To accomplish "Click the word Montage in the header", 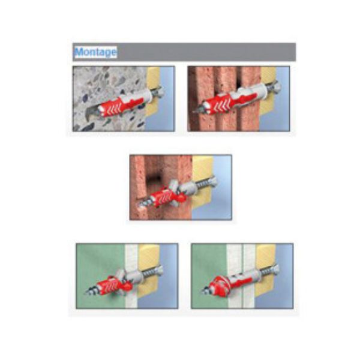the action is point(95,52).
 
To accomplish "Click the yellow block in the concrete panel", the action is point(153,92).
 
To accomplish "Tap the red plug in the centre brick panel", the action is point(166,197).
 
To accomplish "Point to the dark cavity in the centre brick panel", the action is point(154,182).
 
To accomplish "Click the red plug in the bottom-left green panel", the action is point(113,286).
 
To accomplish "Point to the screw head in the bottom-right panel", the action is point(275,269).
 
